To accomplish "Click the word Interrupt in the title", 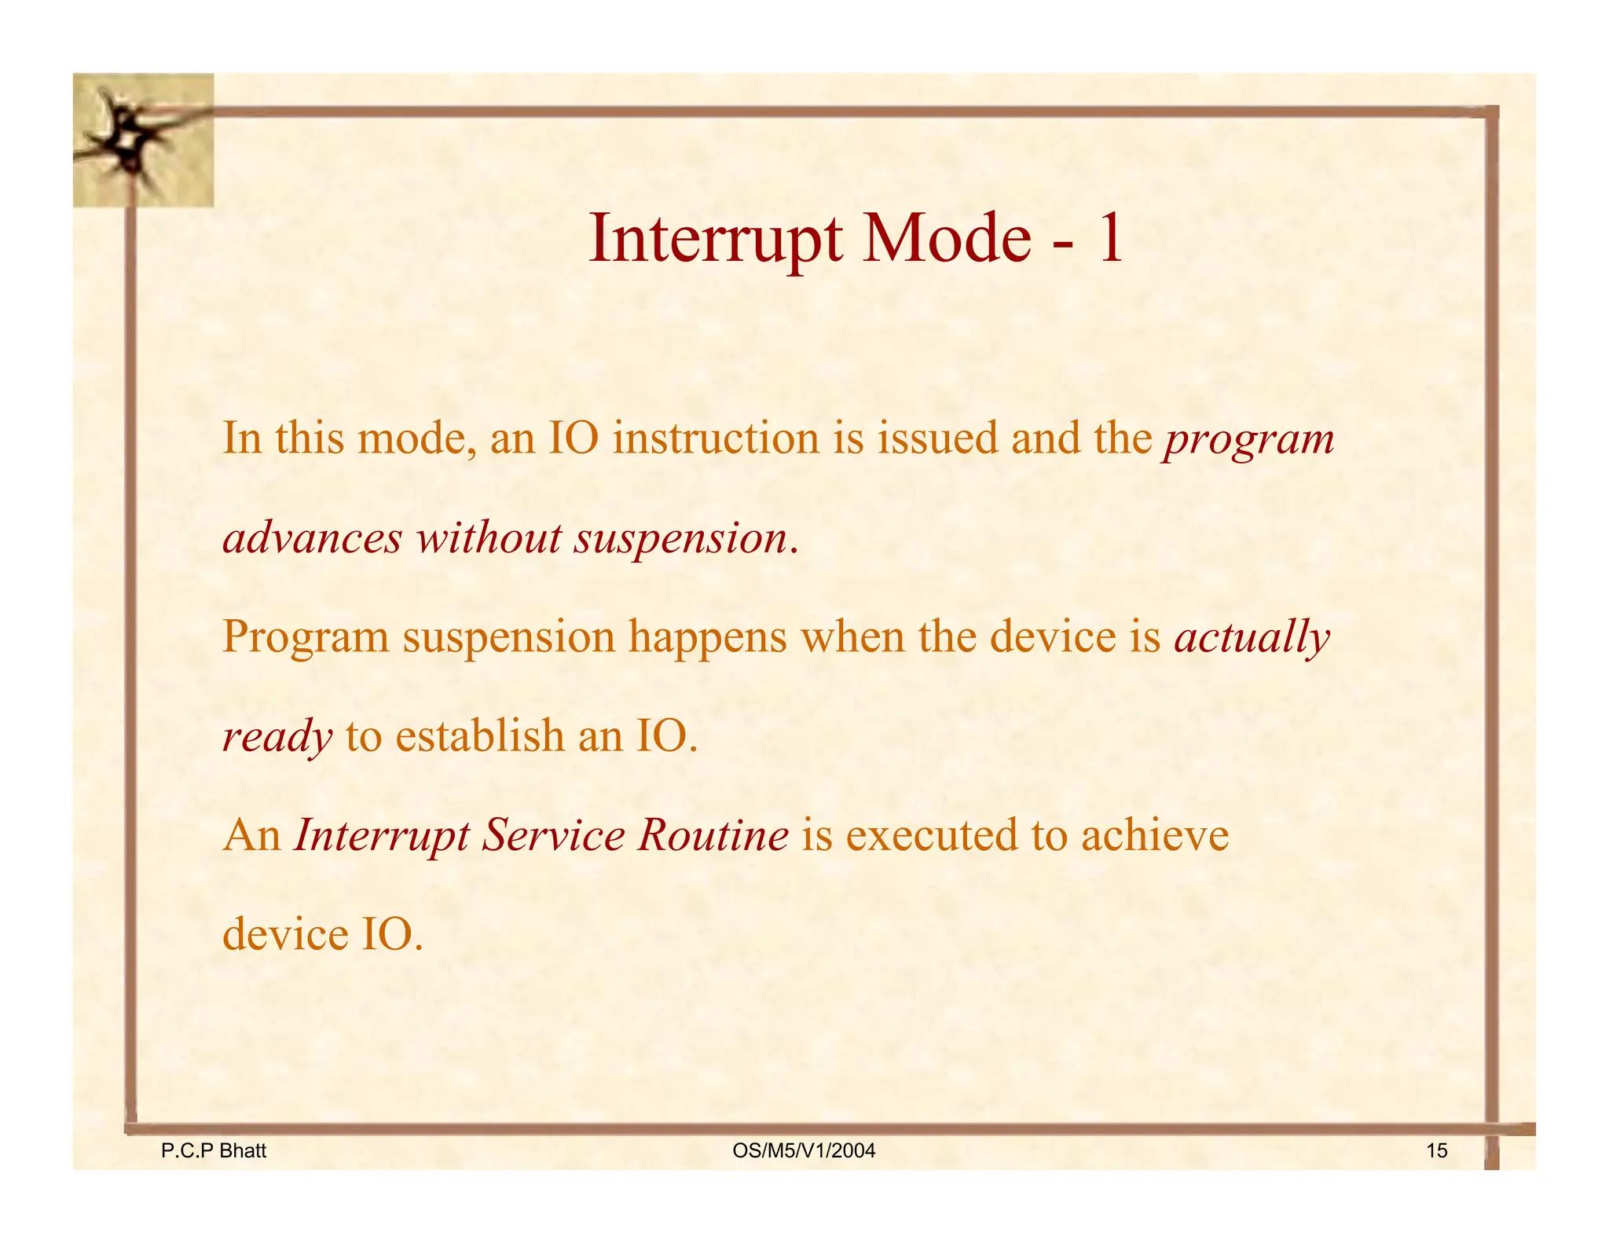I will tap(716, 238).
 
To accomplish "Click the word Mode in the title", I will tap(947, 238).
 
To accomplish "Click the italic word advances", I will tap(312, 538).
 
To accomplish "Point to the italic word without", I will tap(489, 538).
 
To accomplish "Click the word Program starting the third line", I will tap(306, 638).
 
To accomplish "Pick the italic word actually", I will tap(1252, 638).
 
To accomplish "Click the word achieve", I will tap(1154, 835).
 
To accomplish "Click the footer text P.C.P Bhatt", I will tap(213, 1151).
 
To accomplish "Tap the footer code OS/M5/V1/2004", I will tap(803, 1151).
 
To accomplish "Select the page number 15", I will tap(1436, 1151).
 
